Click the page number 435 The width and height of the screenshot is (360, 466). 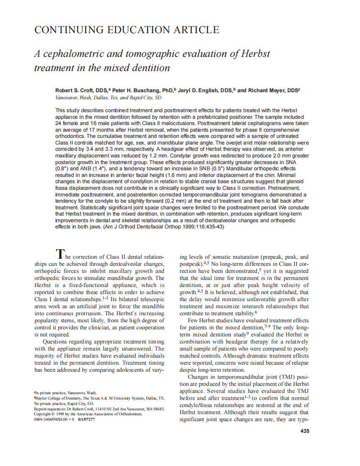tap(304, 431)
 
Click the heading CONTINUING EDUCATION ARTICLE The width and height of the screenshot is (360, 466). tap(126, 30)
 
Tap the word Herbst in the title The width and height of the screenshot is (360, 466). tap(254, 54)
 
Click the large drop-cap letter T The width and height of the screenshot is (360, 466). tap(60, 253)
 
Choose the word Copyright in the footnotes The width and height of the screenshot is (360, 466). tap(43, 414)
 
